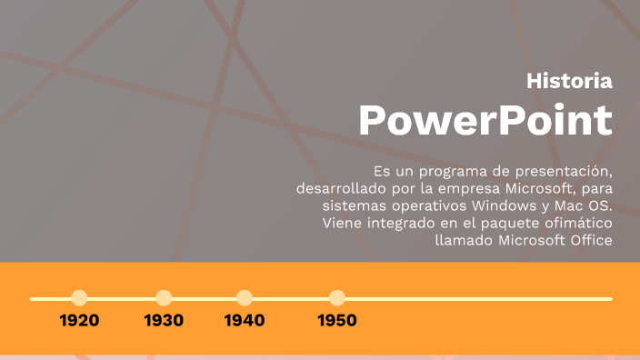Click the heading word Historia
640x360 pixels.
click(x=569, y=81)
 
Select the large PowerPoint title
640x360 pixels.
click(x=485, y=120)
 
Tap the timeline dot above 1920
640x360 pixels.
click(x=79, y=298)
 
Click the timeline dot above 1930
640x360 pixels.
click(x=164, y=298)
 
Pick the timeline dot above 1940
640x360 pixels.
click(x=244, y=298)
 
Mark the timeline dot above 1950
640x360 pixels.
click(x=337, y=298)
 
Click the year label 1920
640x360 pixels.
click(x=79, y=321)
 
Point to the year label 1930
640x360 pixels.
click(x=164, y=321)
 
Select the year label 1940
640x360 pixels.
click(x=244, y=321)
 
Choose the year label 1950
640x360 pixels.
click(x=337, y=321)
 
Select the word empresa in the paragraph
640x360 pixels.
click(x=447, y=189)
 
